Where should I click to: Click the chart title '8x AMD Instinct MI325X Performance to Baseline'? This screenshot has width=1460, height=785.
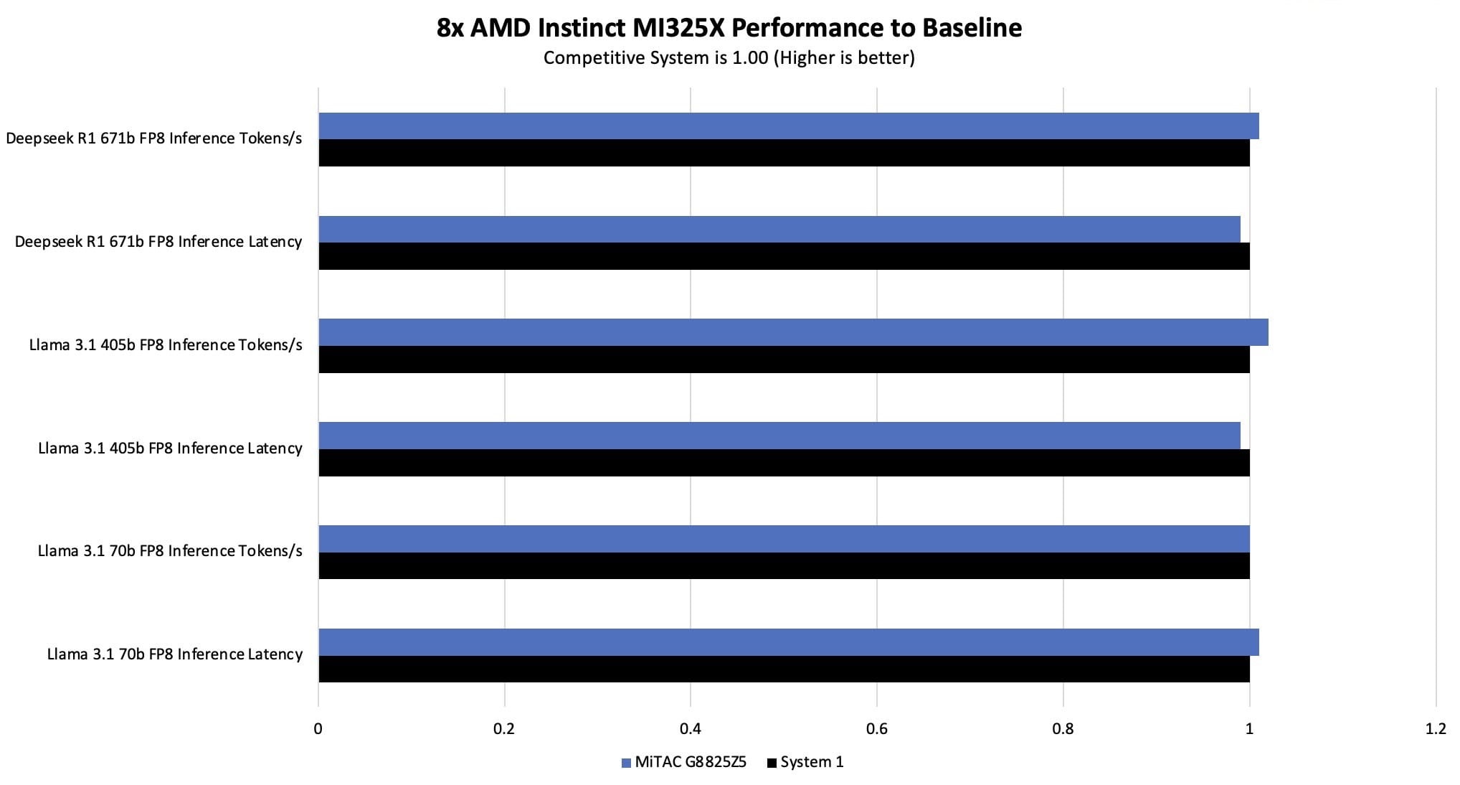pos(729,28)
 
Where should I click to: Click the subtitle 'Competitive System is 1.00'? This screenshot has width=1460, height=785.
pos(729,58)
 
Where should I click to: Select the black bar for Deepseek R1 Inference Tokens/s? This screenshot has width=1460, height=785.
pos(783,153)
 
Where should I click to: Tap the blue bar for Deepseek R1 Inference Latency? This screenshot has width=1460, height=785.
pos(779,229)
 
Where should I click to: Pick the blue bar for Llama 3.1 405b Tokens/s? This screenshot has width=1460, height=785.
pos(792,332)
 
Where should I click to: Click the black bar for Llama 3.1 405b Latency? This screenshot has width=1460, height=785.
pos(783,463)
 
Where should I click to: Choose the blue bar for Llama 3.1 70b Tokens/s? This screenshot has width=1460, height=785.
pos(783,539)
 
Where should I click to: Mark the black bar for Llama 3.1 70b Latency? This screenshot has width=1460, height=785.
pos(783,669)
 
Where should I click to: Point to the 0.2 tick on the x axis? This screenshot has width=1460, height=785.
pos(504,729)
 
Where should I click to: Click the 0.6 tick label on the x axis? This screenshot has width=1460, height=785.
pos(876,729)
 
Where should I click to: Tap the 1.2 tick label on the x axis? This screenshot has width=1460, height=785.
pos(1435,729)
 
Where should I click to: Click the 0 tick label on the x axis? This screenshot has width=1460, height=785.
pos(318,729)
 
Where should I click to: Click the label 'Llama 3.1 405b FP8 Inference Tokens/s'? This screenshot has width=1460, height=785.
pos(166,345)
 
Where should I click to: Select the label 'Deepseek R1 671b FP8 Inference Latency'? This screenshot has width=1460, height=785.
pos(158,242)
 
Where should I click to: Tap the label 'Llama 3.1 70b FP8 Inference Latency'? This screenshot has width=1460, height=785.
pos(174,654)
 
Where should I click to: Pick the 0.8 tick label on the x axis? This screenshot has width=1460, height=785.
pos(1063,729)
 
